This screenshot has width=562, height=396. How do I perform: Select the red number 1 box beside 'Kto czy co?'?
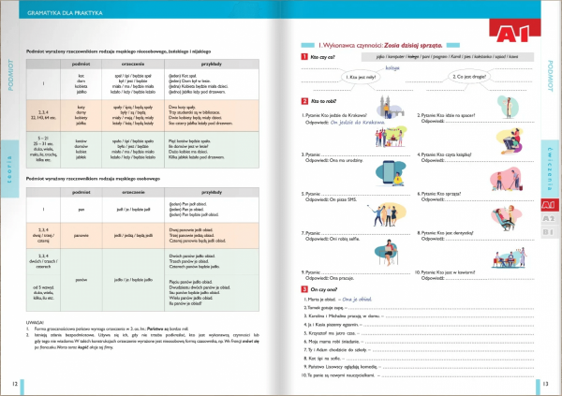click(304, 56)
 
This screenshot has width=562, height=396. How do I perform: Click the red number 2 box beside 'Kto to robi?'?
click(304, 100)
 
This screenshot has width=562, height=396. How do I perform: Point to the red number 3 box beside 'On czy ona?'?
click(304, 288)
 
